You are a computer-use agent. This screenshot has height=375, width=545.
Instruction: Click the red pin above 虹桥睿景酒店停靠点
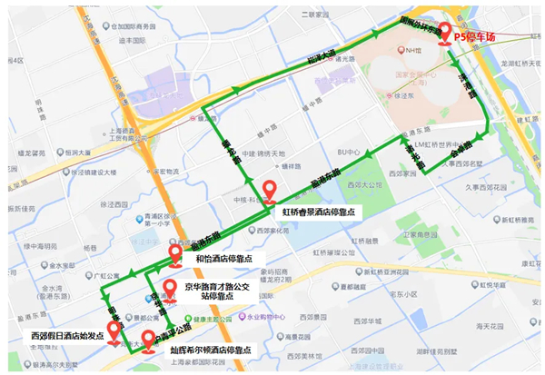(x=270, y=192)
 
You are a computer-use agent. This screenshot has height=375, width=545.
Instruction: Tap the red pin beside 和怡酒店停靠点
(x=176, y=252)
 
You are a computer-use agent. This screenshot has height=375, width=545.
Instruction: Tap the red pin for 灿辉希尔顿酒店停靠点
(x=149, y=340)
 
